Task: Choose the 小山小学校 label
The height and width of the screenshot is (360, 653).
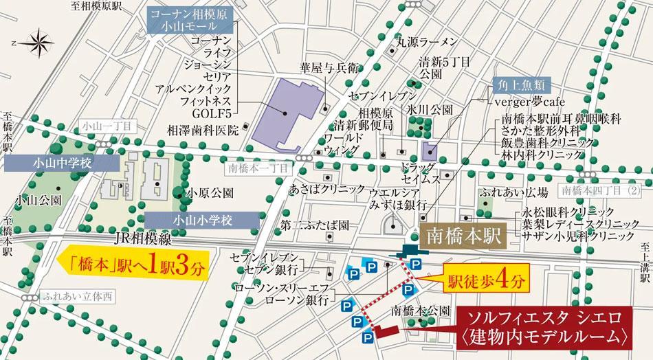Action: [x=202, y=221]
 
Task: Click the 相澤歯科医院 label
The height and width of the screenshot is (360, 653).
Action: [x=203, y=129]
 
